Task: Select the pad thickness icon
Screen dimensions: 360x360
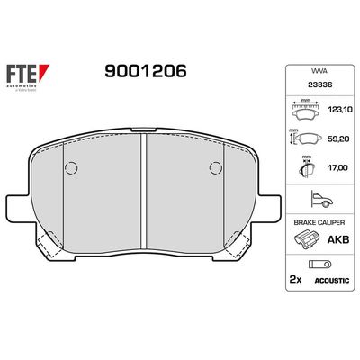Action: click(x=304, y=167)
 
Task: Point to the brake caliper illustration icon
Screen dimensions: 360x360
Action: click(x=307, y=240)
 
